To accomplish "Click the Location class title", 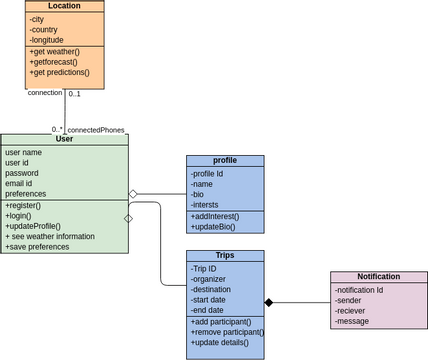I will point(64,6).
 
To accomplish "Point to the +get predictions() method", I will point(59,72).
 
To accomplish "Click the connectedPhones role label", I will point(96,130).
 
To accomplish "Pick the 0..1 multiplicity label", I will point(75,93).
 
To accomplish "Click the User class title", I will point(64,139).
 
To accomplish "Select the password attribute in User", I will point(22,173).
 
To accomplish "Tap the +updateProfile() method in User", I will point(33,226).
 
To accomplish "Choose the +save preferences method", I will point(40,247).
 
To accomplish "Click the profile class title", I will point(225,160).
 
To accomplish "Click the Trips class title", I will point(225,256).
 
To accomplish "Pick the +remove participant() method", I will point(227,332).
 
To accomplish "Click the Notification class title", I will point(378,277).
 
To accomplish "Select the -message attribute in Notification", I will point(355,321).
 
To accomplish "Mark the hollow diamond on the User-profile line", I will point(133,194).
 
